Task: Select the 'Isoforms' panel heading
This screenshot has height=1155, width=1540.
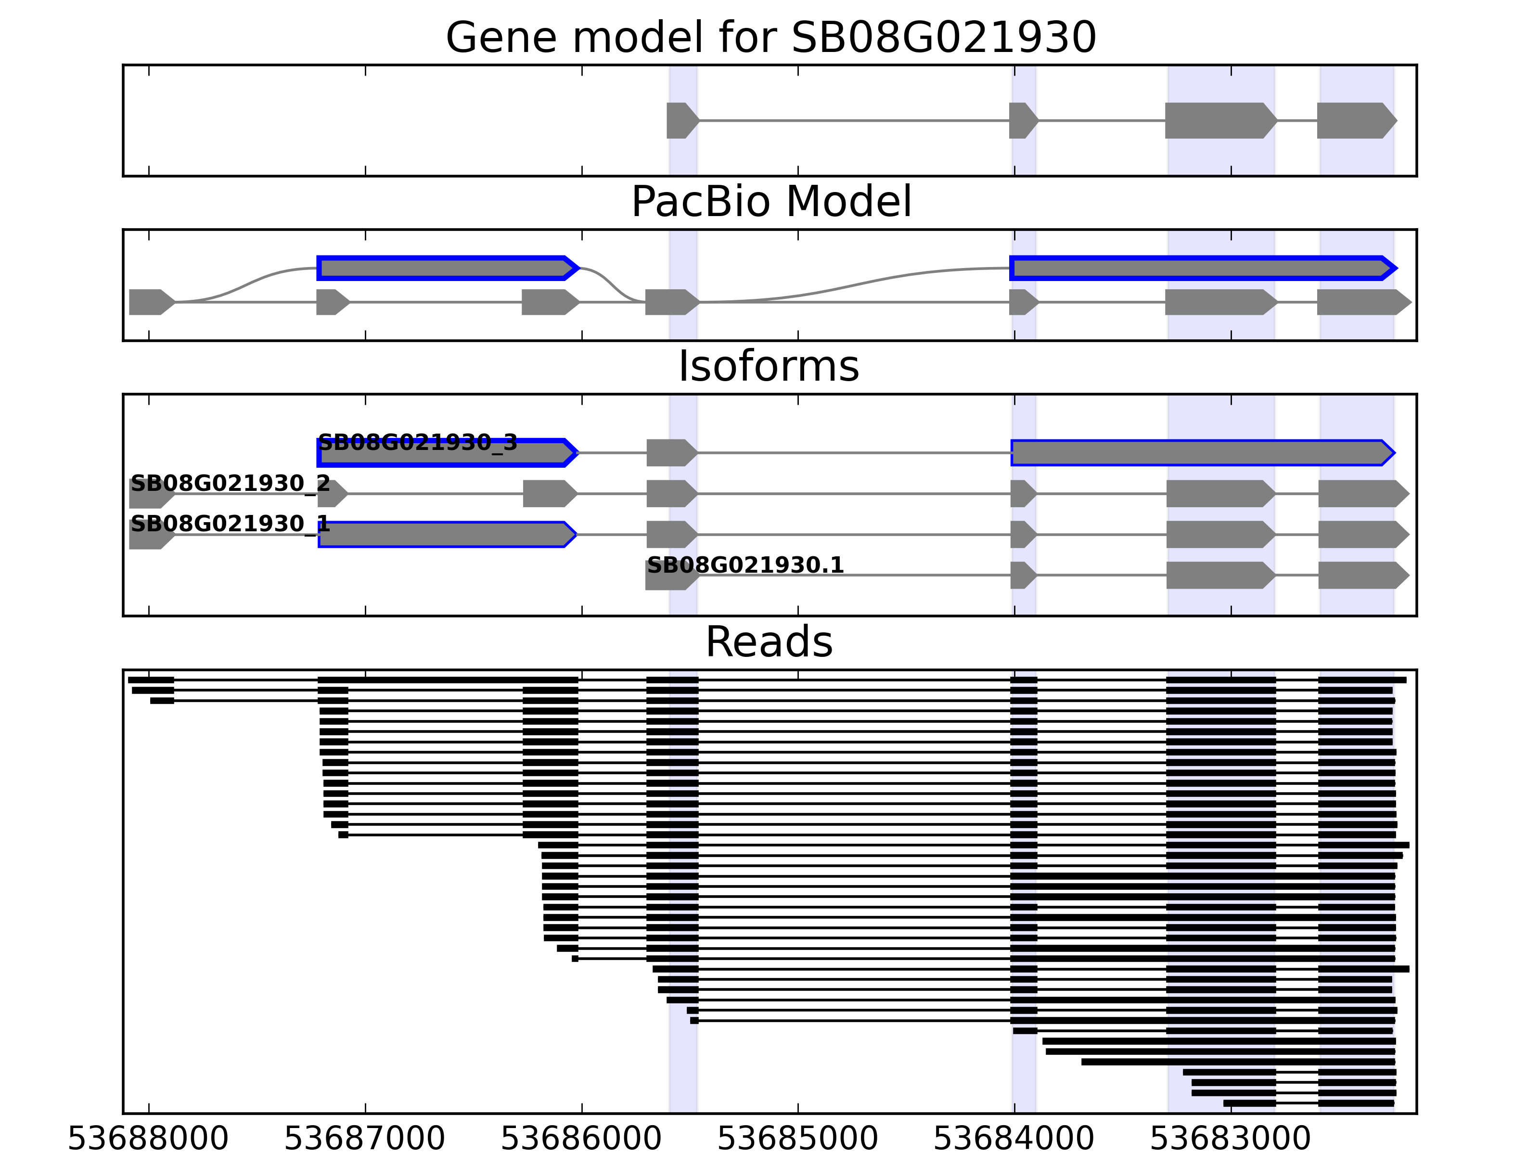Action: [x=769, y=366]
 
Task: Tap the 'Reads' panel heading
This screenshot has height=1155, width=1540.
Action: [x=769, y=642]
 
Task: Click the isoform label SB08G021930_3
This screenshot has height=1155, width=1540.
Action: [x=418, y=442]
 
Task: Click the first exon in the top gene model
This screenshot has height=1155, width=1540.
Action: [x=681, y=120]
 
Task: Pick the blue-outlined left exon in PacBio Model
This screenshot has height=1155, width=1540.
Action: [x=446, y=268]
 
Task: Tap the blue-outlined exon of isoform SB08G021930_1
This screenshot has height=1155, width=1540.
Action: [x=446, y=534]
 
